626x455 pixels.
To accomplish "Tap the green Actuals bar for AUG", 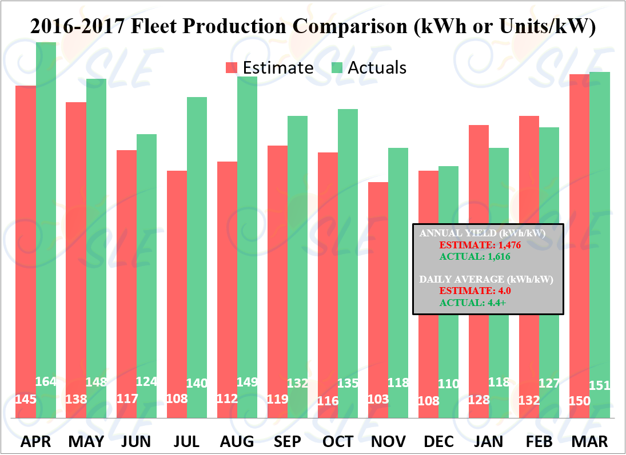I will (248, 228).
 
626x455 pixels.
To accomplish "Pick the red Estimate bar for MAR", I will (580, 228).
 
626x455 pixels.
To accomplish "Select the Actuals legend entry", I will (369, 68).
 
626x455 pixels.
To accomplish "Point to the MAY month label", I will (86, 441).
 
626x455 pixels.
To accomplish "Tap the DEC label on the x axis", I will (439, 441).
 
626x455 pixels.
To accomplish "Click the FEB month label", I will (539, 441).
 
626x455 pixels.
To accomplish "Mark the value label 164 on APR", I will (46, 381).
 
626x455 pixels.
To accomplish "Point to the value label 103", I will (378, 399).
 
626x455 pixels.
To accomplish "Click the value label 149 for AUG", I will (248, 381).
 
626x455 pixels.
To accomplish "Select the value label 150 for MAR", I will (580, 401).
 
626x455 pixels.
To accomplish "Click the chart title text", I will (313, 26).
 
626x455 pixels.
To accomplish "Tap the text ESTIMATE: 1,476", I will (480, 245).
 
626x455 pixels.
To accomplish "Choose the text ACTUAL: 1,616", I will (474, 257).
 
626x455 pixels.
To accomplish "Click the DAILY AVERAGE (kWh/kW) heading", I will (487, 280).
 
